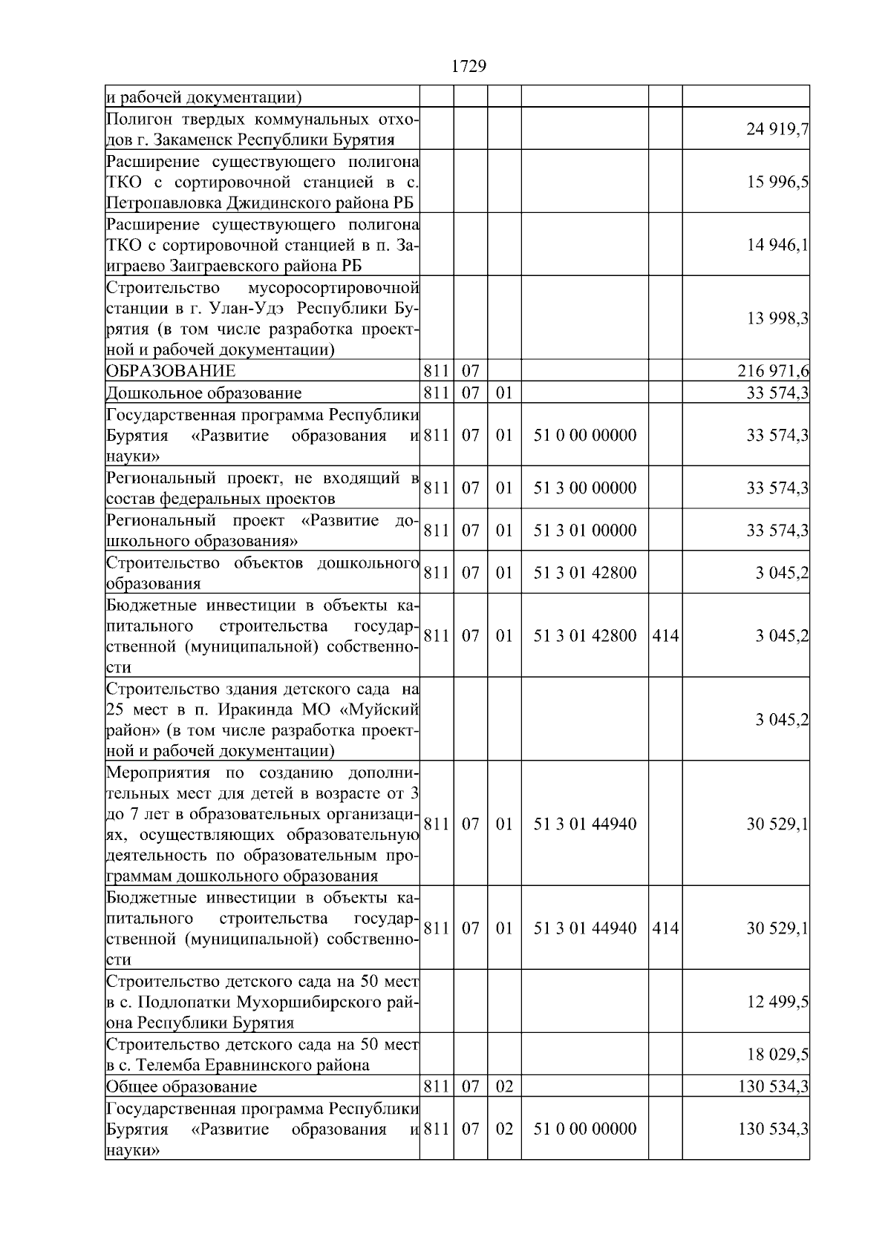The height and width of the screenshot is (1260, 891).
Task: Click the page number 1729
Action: (x=469, y=67)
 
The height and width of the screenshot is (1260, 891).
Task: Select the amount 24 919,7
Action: (x=777, y=130)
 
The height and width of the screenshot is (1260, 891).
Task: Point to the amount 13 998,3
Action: (x=777, y=318)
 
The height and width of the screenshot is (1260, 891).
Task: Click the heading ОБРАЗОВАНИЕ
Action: (x=171, y=371)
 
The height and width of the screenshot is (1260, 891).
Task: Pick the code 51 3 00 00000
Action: (x=585, y=488)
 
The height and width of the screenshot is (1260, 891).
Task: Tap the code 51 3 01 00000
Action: (x=585, y=531)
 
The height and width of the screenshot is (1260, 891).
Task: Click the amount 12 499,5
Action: (x=777, y=1002)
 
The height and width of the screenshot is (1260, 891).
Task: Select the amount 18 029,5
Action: (x=777, y=1054)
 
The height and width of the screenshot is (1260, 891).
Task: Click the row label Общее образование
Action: (x=182, y=1087)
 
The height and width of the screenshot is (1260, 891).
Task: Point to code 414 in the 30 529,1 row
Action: (x=665, y=928)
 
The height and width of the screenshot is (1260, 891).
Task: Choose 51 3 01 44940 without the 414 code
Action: (x=585, y=824)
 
